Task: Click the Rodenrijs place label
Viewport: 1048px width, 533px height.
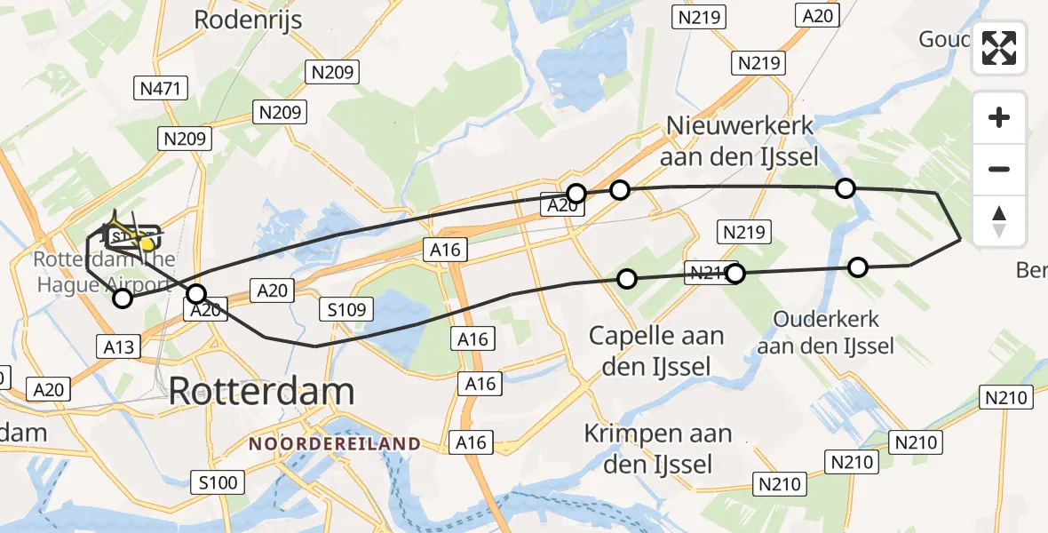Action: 248,20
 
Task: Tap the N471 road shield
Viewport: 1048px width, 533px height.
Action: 160,88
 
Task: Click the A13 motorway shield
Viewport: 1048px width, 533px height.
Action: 119,346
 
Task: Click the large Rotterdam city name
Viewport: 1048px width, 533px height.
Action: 261,391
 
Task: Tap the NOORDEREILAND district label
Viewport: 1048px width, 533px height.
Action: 334,443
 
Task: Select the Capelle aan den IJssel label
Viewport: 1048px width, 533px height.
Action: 657,351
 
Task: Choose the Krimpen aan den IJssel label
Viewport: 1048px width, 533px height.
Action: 658,449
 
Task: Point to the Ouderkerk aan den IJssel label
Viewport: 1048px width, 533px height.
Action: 826,333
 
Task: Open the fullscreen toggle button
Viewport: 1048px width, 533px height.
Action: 999,48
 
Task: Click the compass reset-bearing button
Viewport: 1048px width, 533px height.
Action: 999,221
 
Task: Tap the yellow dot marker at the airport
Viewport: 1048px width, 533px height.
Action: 147,243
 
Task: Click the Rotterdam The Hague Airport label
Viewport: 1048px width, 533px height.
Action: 105,273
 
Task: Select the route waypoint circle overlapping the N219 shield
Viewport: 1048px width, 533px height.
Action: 734,274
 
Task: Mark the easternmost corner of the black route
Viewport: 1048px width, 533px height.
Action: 961,240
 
